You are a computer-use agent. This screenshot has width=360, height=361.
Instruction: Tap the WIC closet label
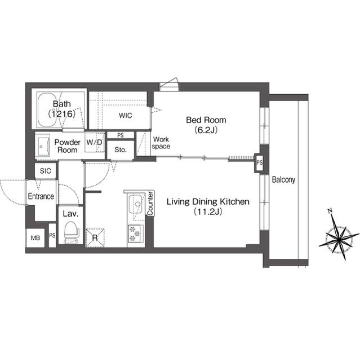coord(126,116)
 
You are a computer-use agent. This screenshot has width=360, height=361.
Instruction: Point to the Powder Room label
coord(67,146)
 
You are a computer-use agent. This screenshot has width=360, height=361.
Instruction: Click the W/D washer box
coord(94,143)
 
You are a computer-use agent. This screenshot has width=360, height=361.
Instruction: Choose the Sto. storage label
coord(119,150)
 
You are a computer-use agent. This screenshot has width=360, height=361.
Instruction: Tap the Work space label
coord(161,143)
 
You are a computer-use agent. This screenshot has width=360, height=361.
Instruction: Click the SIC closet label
coord(45,170)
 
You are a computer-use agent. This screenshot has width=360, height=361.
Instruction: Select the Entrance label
coord(41,196)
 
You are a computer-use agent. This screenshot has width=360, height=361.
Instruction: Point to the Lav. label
coord(70,214)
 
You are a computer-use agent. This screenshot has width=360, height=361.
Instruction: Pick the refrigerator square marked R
coord(95,237)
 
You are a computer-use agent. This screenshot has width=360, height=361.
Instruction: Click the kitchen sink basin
coord(136,205)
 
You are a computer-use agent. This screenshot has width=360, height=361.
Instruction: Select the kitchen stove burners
coord(136,232)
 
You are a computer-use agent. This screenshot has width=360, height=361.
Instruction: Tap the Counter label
coord(150,204)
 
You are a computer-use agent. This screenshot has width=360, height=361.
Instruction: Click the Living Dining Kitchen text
coord(206,206)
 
